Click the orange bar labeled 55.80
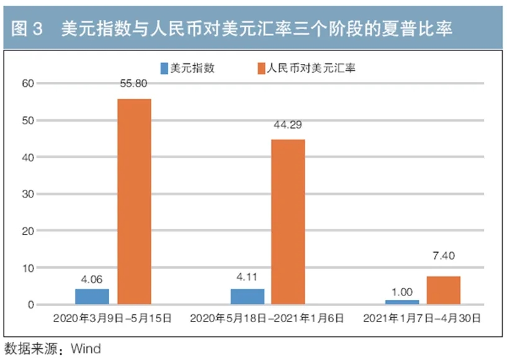(134, 202)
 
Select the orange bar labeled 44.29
(289, 222)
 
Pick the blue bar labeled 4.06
(92, 297)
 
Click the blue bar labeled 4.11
(247, 297)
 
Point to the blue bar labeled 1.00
(402, 302)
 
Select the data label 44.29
(287, 125)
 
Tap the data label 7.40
(443, 256)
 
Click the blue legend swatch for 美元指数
(164, 68)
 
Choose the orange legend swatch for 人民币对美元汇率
(261, 68)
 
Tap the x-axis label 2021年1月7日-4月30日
(423, 318)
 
